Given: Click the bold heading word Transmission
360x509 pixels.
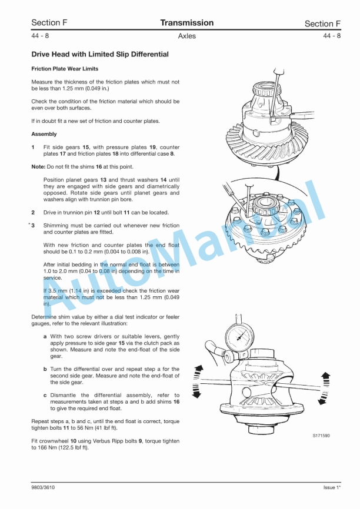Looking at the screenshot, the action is pyautogui.click(x=187, y=23).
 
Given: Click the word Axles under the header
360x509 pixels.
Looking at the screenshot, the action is pyautogui.click(x=187, y=36).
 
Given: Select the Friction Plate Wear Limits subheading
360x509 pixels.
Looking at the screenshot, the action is pyautogui.click(x=65, y=69).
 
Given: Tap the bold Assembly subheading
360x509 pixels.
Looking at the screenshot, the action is pyautogui.click(x=44, y=134).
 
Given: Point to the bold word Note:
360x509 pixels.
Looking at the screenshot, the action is pyautogui.click(x=38, y=167).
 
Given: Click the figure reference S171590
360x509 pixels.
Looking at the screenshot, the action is pyautogui.click(x=321, y=436).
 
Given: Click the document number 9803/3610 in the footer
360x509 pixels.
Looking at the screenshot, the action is pyautogui.click(x=43, y=487).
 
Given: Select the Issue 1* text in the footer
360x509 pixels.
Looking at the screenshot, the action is pyautogui.click(x=332, y=487).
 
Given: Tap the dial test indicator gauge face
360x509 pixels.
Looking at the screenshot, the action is pyautogui.click(x=240, y=338).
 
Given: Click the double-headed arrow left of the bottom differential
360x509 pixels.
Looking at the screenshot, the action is pyautogui.click(x=197, y=381).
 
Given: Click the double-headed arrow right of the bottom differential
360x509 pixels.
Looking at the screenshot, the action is pyautogui.click(x=324, y=389).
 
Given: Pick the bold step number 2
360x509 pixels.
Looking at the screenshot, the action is pyautogui.click(x=33, y=213).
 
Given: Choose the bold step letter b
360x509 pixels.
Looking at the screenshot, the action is pyautogui.click(x=45, y=369).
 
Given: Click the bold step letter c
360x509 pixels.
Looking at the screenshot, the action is pyautogui.click(x=45, y=396).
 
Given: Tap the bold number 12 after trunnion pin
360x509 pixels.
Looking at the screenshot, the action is pyautogui.click(x=97, y=213).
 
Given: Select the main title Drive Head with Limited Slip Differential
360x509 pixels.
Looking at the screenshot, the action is pyautogui.click(x=100, y=55).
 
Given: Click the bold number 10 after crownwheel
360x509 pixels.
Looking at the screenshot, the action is pyautogui.click(x=74, y=441).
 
